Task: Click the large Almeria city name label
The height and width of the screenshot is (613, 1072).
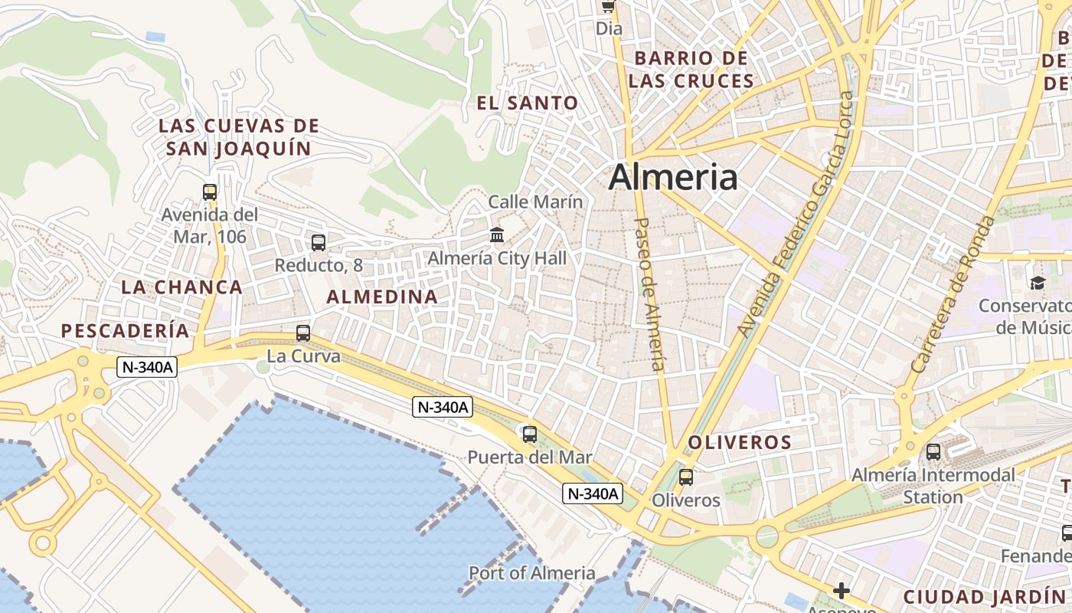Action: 673,177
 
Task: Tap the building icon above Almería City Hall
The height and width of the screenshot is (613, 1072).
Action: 497,234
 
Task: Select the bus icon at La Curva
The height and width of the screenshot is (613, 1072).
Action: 303,333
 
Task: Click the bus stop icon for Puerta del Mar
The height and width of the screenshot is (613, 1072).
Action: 529,434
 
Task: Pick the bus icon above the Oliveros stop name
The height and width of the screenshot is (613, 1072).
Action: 685,477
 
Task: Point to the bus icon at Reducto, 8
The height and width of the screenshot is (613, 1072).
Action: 318,243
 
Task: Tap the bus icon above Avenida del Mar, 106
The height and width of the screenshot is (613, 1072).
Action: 210,192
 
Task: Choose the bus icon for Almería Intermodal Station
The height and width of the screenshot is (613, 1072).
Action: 933,452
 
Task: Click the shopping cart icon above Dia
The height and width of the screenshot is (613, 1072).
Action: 608,7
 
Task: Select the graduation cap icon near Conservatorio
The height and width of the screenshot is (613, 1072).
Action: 1038,284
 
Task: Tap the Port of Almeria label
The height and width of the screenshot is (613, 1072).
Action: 531,572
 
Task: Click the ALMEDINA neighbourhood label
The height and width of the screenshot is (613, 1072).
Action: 382,297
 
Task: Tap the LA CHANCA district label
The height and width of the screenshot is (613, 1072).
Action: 181,287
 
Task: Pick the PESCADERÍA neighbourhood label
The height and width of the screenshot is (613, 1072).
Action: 125,330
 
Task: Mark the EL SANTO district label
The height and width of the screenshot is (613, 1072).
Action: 527,103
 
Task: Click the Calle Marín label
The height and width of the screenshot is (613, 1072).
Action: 535,202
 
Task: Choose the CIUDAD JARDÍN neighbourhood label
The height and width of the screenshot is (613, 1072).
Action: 983,596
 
